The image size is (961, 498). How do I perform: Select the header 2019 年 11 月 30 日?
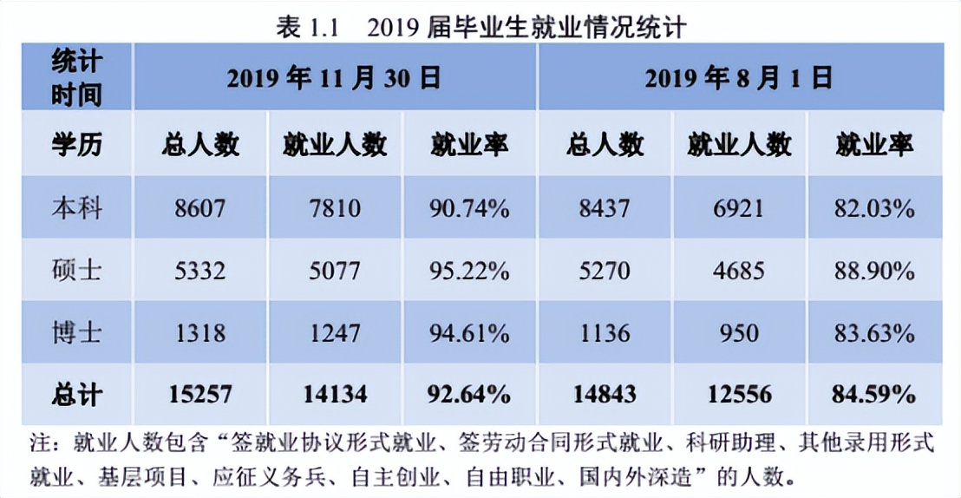coord(334,79)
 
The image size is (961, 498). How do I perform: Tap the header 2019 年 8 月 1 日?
coord(738,79)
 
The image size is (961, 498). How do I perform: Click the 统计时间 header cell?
coord(76,78)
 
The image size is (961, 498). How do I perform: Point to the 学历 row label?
coord(76,145)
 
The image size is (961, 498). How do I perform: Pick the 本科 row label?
coord(76,209)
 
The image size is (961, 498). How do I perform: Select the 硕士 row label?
coord(76,271)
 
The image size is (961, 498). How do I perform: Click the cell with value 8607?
coord(199,209)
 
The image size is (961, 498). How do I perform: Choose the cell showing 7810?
coord(334,209)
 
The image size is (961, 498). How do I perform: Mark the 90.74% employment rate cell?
coord(469,209)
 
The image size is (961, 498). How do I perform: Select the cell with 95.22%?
coord(469,271)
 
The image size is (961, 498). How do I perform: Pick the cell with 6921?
coord(739,209)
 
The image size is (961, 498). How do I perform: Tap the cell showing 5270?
coord(605,271)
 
